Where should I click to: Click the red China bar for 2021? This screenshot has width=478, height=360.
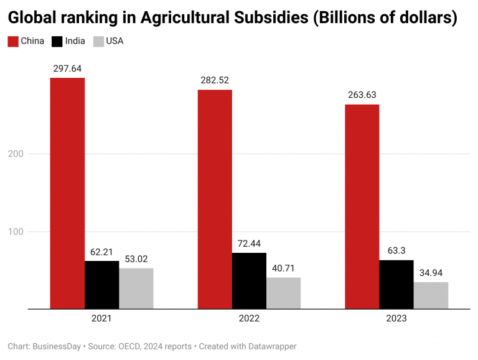coord(67,193)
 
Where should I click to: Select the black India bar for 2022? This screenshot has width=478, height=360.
coord(249,280)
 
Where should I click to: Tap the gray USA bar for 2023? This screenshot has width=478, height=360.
coord(431,295)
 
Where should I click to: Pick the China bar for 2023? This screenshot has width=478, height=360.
coord(362,206)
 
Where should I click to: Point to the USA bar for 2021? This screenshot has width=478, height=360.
coord(136,288)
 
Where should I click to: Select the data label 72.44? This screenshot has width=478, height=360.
coord(249,244)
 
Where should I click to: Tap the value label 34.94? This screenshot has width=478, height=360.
coord(431,273)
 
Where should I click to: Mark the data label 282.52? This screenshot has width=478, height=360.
coord(215,80)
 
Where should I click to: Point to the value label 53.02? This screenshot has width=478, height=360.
coord(136,259)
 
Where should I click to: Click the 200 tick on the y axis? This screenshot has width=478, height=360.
coord(16,154)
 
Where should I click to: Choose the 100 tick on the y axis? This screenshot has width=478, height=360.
coord(16,232)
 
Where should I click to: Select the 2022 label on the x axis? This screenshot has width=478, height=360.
coord(249,319)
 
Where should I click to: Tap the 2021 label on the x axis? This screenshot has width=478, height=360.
coord(101,319)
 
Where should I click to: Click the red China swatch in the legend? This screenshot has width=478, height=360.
coord(12,42)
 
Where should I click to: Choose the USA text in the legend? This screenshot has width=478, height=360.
coord(115,42)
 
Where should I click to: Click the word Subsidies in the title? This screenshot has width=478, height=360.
coord(255,18)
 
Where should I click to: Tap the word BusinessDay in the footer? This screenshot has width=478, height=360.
coord(57,346)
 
